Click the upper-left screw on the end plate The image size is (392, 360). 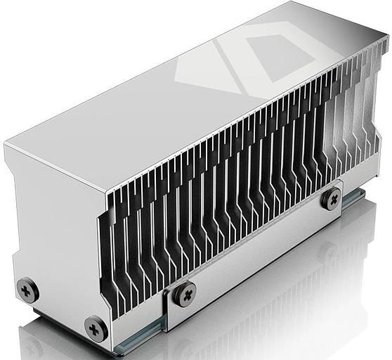click(27, 289)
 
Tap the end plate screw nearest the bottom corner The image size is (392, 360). click(96, 328)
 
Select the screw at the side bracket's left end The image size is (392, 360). click(185, 293)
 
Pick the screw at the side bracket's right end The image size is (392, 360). click(330, 199)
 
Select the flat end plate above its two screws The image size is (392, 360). click(56, 225)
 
